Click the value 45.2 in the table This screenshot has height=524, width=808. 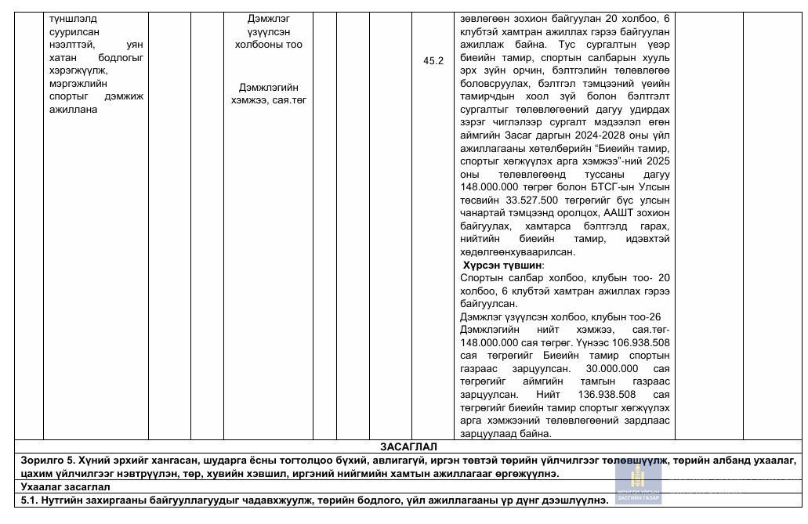tap(433, 60)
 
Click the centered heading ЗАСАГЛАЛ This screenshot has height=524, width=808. tap(404, 446)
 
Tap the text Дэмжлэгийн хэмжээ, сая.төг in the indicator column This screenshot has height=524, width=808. tap(269, 94)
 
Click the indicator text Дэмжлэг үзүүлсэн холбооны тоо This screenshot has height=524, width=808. tap(269, 31)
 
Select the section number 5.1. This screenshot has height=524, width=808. tap(30, 500)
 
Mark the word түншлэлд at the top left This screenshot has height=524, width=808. tap(74, 17)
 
